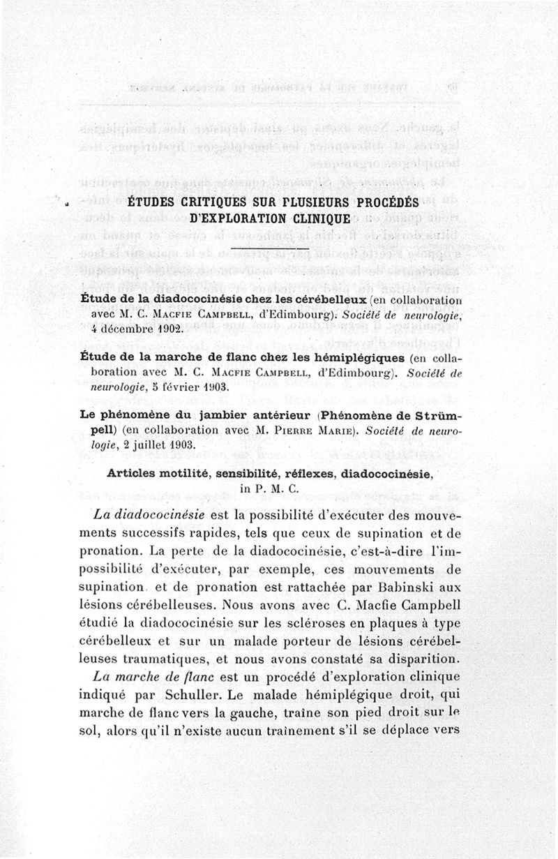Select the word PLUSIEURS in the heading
pyautogui.click(x=296, y=202)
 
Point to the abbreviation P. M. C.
pyautogui.click(x=278, y=488)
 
